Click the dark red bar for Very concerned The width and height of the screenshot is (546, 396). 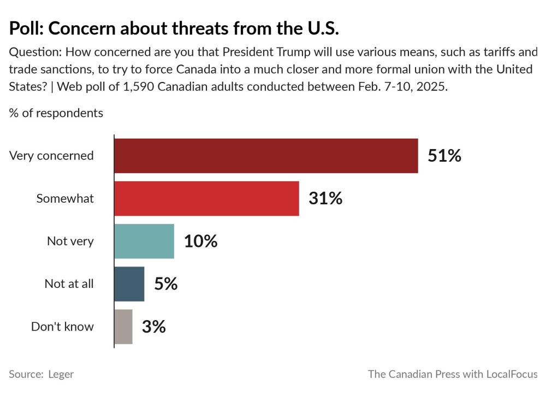[x=266, y=156]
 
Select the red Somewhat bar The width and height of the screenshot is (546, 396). [x=206, y=198]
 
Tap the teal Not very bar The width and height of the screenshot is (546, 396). [x=144, y=241]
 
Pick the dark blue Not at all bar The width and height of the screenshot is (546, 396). [x=129, y=283]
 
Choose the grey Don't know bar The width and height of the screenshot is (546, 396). [x=123, y=327]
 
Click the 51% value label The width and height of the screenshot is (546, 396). [x=444, y=156]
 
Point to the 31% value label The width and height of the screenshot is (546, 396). [x=325, y=198]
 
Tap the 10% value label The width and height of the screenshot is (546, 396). [x=200, y=241]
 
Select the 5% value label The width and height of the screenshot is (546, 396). [x=166, y=283]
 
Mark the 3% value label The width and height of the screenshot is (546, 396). [x=154, y=327]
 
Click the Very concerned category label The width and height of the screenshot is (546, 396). [x=51, y=156]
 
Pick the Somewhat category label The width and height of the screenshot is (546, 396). [x=65, y=198]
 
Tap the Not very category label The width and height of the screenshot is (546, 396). [x=70, y=241]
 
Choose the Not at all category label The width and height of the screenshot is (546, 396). [x=69, y=283]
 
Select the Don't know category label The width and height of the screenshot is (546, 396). [x=62, y=327]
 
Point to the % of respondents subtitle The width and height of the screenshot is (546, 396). [x=56, y=113]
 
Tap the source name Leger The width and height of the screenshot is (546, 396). [x=61, y=374]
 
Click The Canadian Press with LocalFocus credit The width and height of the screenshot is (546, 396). [x=452, y=374]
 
